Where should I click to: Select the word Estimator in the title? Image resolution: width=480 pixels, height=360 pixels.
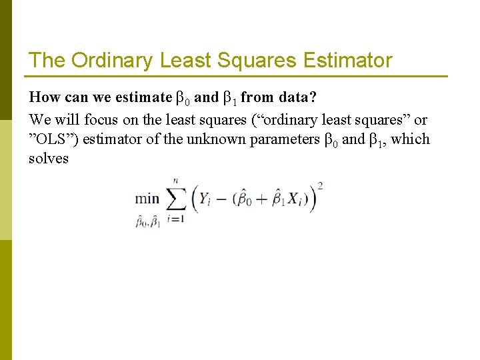347,61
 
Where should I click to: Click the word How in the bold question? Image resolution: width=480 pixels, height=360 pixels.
45,97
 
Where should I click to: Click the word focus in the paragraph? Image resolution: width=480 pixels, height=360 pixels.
100,120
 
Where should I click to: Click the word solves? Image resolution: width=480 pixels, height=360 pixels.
49,159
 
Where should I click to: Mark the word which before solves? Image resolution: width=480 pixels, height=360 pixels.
411,139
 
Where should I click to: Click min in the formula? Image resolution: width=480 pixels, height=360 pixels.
147,198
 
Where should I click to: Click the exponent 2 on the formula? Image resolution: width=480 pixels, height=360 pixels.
321,186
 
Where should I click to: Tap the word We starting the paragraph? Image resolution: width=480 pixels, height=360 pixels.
39,120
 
